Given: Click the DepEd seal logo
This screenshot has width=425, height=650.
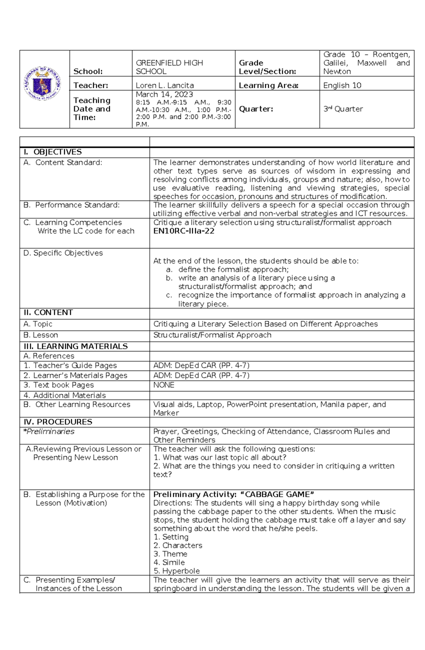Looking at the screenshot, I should click(x=42, y=84).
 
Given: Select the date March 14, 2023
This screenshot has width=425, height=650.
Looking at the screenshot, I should click(x=164, y=95).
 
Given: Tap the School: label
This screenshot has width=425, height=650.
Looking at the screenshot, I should click(x=88, y=71).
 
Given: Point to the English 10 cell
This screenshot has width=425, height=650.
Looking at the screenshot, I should click(x=342, y=85).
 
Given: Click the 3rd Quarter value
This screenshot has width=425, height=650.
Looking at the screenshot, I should click(x=343, y=109).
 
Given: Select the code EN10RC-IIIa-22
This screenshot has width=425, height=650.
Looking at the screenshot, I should click(x=184, y=231).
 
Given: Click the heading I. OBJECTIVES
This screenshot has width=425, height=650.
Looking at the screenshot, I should click(x=52, y=152).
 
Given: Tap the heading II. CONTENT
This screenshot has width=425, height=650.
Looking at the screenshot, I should click(x=48, y=312).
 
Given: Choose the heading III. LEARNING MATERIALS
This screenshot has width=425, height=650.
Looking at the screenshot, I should click(x=75, y=346).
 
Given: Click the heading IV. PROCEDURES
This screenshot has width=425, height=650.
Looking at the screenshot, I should click(x=58, y=422).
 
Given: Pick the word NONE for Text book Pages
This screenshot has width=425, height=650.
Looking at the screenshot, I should click(x=164, y=385).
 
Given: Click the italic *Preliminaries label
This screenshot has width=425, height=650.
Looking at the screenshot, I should click(x=49, y=431).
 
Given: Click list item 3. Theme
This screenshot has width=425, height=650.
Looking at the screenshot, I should click(x=170, y=554).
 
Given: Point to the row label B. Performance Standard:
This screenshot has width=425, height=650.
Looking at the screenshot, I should click(x=72, y=205).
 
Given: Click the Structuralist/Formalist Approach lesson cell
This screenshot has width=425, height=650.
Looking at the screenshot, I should click(x=212, y=335).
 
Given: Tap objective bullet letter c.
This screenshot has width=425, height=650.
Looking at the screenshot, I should click(x=169, y=295).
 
